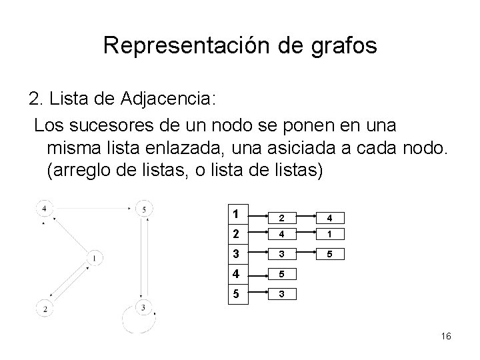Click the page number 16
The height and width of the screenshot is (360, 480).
point(446,337)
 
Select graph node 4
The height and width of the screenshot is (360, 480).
point(44,209)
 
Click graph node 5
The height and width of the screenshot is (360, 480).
point(145,209)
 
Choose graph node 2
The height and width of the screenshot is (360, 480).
point(45,308)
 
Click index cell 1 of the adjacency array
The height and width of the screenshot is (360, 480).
point(237,215)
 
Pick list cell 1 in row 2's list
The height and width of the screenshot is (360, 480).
point(322,234)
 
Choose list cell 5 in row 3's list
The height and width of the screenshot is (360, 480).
point(322,253)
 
